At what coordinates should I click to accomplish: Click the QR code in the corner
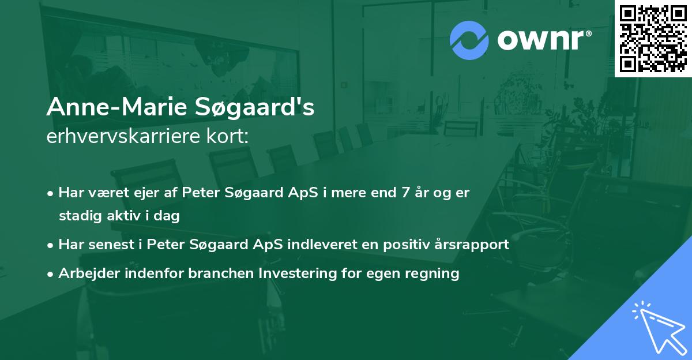point(653,38)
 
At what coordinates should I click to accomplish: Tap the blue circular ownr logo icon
point(469,40)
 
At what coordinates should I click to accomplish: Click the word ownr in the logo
point(541,40)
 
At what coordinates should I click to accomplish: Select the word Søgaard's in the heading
point(254,107)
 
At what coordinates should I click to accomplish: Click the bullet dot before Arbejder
point(50,274)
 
